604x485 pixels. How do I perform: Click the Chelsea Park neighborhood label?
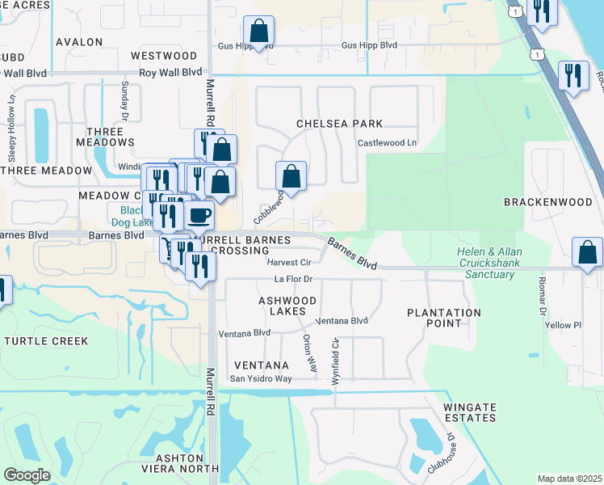tap(339, 124)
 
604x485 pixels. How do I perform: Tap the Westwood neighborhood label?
tap(164, 56)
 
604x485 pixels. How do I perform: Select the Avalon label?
tap(79, 41)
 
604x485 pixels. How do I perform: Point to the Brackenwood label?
tap(553, 201)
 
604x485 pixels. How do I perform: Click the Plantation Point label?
tap(444, 318)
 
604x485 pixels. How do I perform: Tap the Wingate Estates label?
tap(469, 412)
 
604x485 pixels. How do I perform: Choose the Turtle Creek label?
tap(46, 341)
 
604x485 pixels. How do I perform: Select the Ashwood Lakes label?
tap(282, 306)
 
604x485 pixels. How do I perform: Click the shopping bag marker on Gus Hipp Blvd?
tap(258, 32)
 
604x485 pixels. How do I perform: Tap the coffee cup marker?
tap(199, 215)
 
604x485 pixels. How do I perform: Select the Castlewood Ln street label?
tap(388, 142)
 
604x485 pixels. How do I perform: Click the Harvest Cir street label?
tap(289, 263)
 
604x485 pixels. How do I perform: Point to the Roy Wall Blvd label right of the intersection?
tap(170, 72)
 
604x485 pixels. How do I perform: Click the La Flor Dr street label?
tap(293, 280)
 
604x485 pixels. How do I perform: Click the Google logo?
tap(27, 475)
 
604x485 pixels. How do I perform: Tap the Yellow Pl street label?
tap(563, 326)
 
